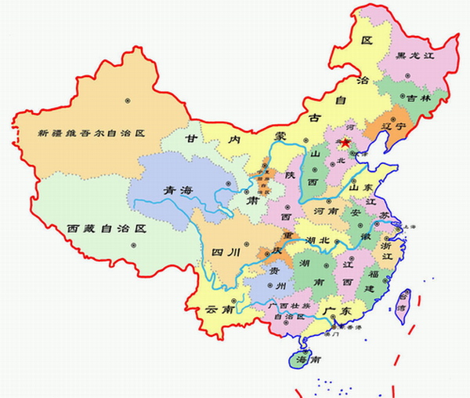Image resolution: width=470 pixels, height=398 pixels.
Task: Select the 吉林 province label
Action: click(412, 99)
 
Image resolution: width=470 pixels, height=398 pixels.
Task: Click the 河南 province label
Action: click(327, 212)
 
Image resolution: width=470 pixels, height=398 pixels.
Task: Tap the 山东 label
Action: click(363, 188)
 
